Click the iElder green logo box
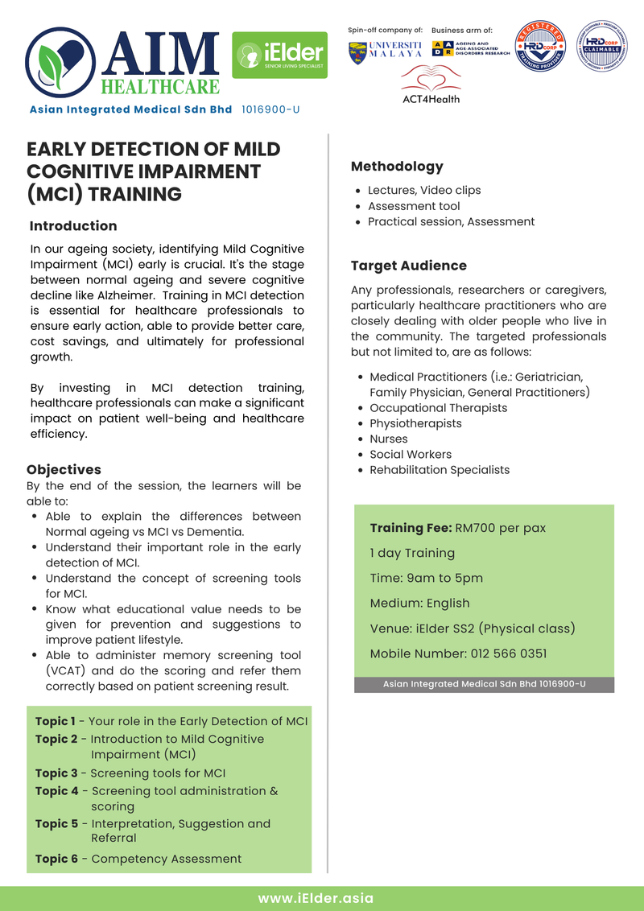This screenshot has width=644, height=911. (279, 56)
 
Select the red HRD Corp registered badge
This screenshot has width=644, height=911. (541, 47)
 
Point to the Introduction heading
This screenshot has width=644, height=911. (72, 226)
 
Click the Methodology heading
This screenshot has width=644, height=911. (397, 167)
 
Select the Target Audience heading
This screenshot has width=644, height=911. (408, 266)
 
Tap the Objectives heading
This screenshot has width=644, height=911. (64, 469)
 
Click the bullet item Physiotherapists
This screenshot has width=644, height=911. (415, 423)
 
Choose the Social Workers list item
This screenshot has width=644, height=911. (411, 454)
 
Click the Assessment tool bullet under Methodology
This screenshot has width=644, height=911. (414, 206)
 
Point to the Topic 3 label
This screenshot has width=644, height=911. (56, 773)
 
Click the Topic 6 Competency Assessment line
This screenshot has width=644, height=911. (138, 859)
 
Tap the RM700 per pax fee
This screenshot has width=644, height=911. (500, 529)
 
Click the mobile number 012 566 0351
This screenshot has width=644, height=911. (515, 653)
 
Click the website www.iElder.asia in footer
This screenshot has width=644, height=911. (316, 898)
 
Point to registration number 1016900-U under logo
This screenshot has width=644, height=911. (270, 109)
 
